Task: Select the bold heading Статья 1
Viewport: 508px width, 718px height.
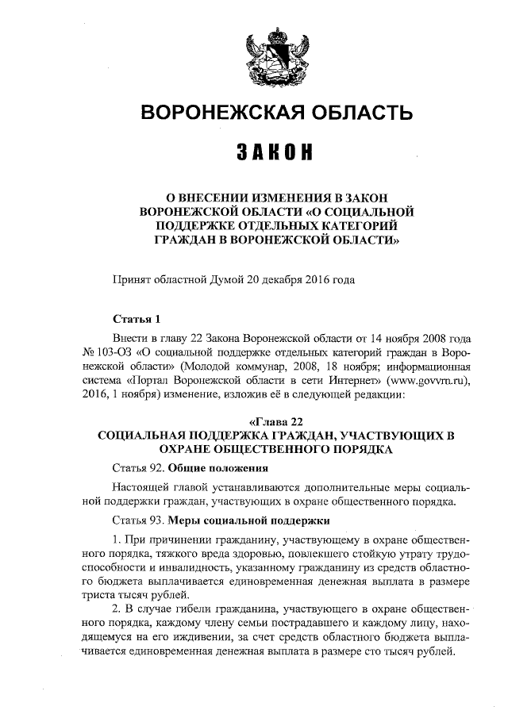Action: pyautogui.click(x=137, y=320)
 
